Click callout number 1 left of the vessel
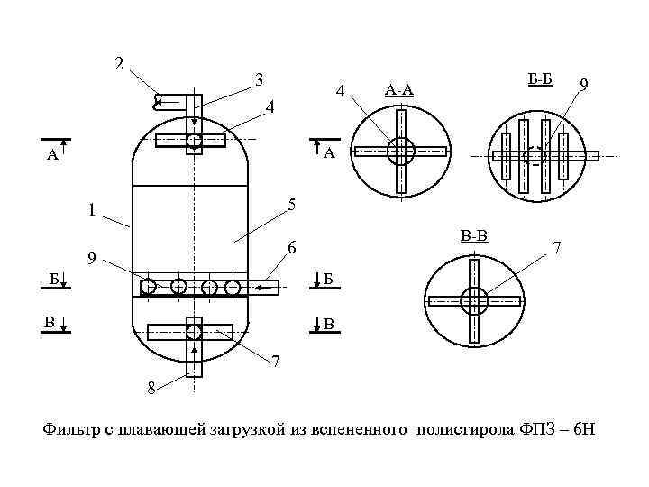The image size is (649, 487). (x=90, y=212)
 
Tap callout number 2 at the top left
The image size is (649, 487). (x=118, y=63)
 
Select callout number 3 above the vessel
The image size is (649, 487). (x=259, y=79)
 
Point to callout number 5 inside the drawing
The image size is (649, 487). (x=291, y=205)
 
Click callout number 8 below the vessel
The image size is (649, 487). (x=151, y=389)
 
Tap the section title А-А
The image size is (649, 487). (x=398, y=89)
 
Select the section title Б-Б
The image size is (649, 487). (x=539, y=79)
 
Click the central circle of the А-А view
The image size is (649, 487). (x=400, y=152)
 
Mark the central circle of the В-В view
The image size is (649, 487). (x=473, y=301)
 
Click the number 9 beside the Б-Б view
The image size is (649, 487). (x=585, y=85)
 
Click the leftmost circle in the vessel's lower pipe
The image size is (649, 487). (x=149, y=287)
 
